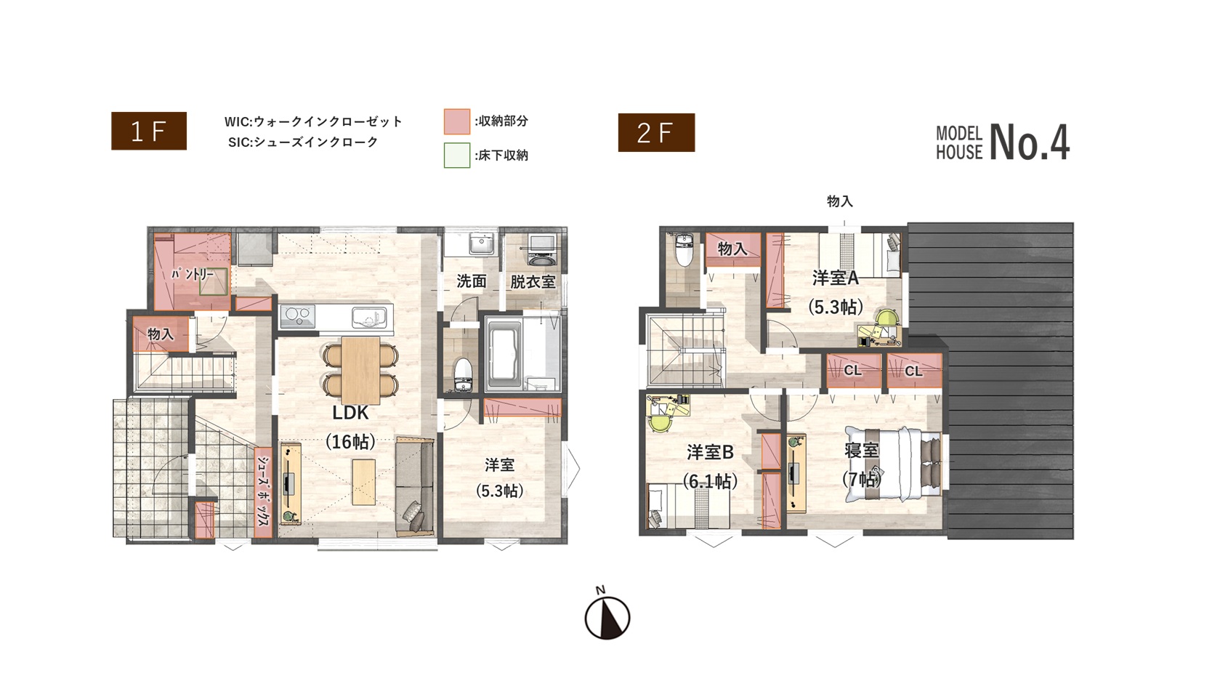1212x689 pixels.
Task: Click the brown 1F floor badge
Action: [x=149, y=131]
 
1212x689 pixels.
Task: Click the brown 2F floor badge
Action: [x=656, y=132]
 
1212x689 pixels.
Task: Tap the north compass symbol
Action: [x=607, y=614]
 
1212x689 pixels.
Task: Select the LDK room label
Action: [x=350, y=413]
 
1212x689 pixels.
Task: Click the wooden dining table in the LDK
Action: [x=361, y=370]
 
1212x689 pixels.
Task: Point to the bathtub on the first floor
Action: [x=504, y=355]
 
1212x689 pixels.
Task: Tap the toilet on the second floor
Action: [x=684, y=249]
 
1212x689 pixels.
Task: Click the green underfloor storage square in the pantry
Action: [x=213, y=281]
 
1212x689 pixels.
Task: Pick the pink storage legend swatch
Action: [x=456, y=122]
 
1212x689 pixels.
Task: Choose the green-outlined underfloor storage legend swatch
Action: [x=456, y=156]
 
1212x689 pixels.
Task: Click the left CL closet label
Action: [x=853, y=371]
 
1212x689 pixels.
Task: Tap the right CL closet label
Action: [x=914, y=371]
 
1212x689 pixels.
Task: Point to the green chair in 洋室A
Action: [x=886, y=319]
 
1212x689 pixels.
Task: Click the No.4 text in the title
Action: [x=1029, y=142]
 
